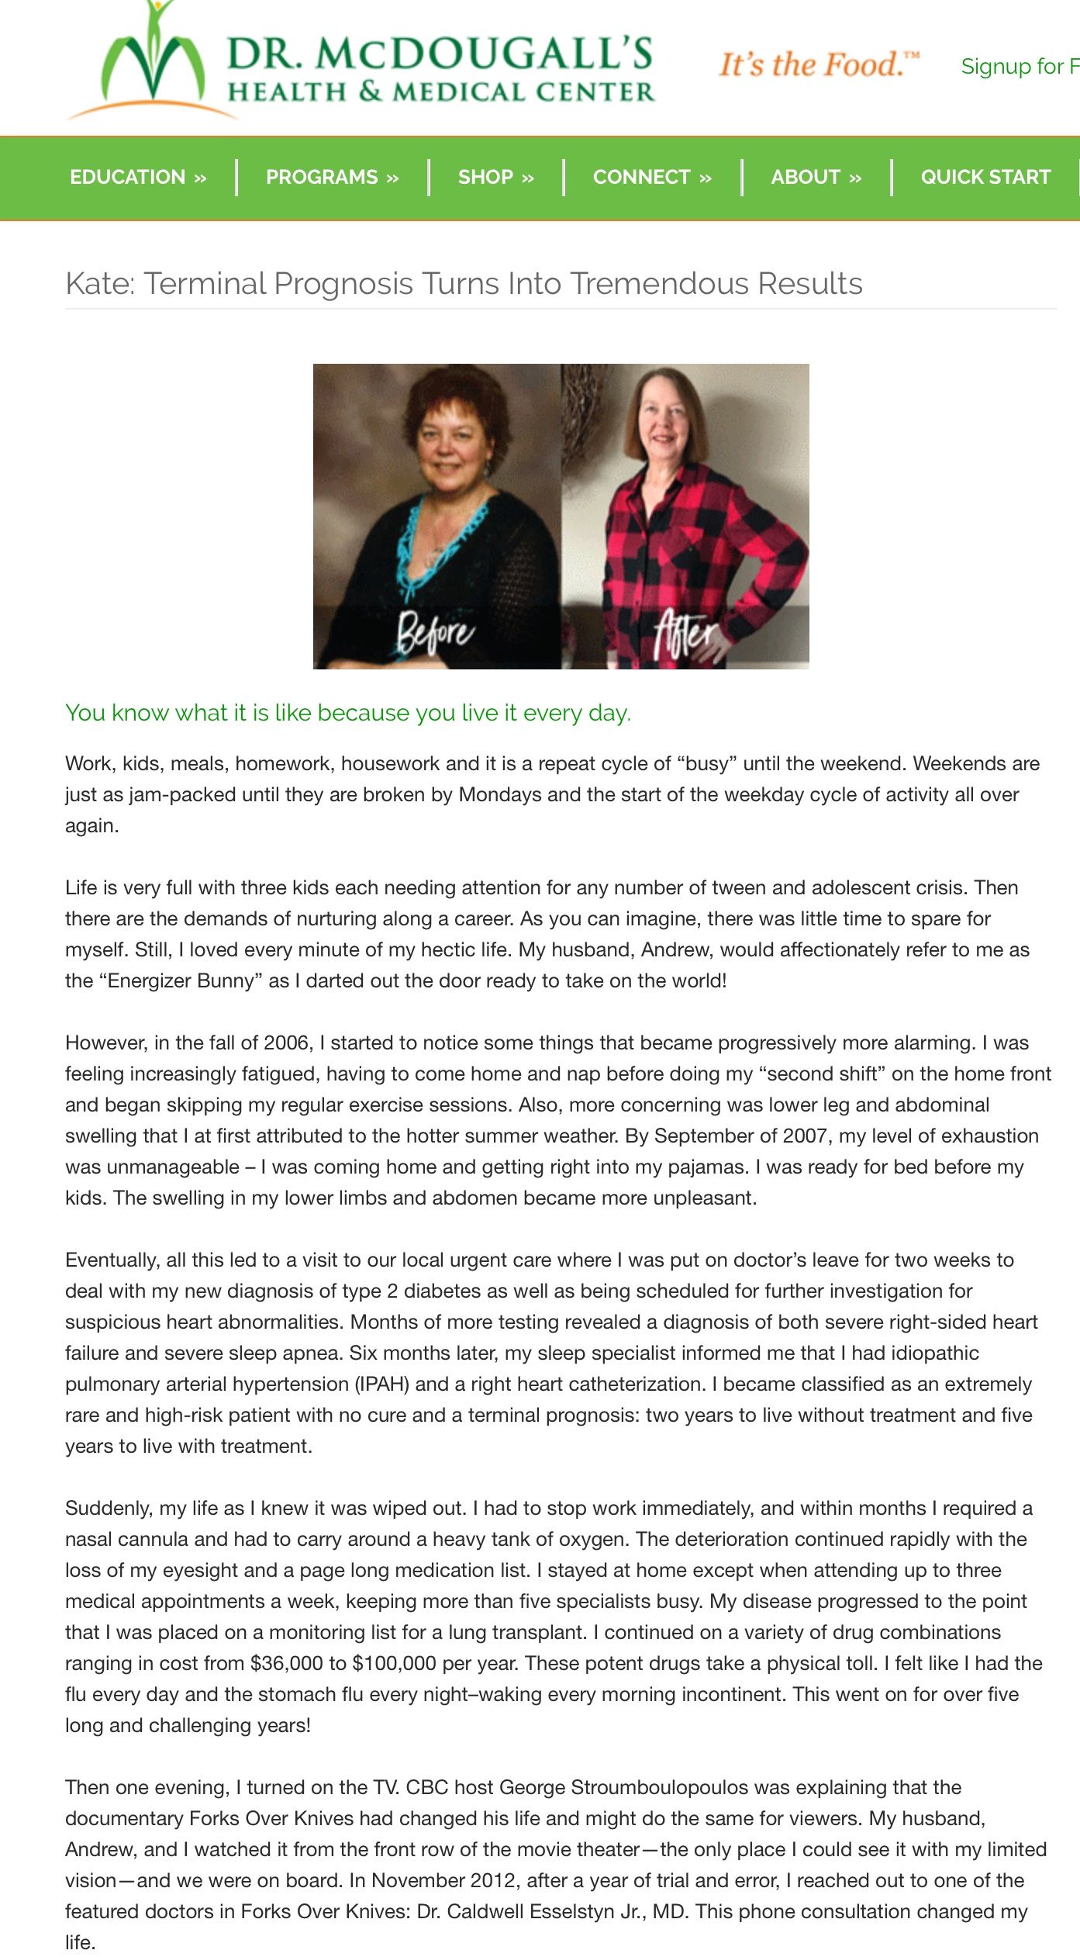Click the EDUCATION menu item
138,178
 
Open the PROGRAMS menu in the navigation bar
332,178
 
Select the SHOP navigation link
495,178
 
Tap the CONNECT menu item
652,178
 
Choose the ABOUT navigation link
816,178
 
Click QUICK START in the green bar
985,178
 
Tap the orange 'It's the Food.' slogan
819,65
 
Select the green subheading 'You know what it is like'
348,713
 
